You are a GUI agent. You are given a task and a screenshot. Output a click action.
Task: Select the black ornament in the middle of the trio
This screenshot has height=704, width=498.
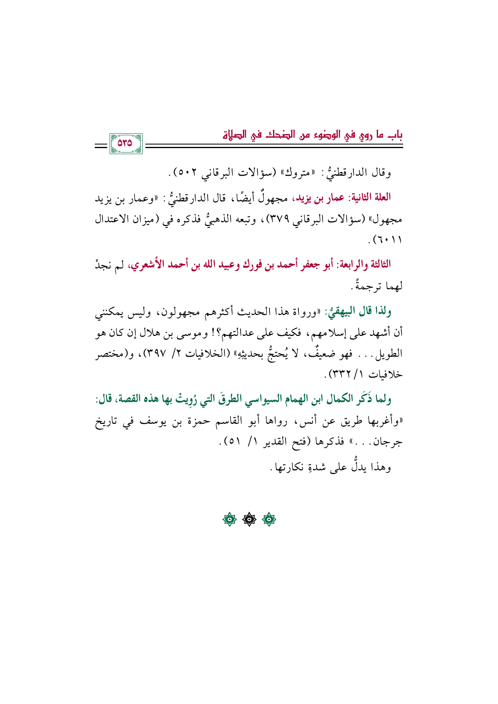tap(249, 520)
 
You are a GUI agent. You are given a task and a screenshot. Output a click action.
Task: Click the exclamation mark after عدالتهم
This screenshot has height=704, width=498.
tap(212, 333)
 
